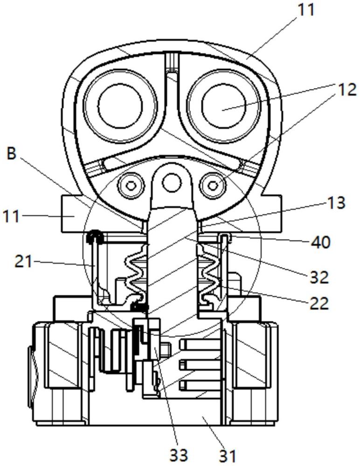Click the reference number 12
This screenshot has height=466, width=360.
[x=346, y=89]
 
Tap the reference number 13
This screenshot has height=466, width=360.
[x=336, y=203]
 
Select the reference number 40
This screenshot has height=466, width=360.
[x=321, y=242]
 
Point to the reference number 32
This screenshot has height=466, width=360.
[x=319, y=277]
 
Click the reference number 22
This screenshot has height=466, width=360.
[x=319, y=304]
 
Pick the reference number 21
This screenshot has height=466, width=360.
[x=23, y=262]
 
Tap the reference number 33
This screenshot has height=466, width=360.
[x=179, y=455]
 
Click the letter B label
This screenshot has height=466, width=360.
[x=11, y=154]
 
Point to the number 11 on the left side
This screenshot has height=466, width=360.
[x=11, y=216]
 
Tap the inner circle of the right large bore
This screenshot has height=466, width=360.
[x=224, y=106]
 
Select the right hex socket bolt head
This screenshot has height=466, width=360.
[x=213, y=186]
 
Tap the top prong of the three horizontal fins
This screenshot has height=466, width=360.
[x=200, y=344]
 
